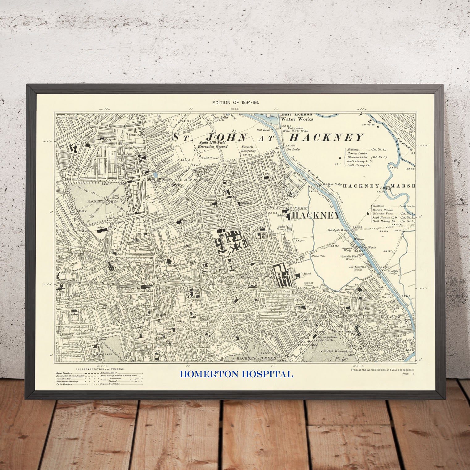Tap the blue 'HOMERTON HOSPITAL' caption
pyautogui.click(x=236, y=374)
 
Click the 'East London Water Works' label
pyautogui.click(x=297, y=117)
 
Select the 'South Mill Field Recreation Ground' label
pyautogui.click(x=213, y=145)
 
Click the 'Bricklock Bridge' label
pyautogui.click(x=332, y=184)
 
